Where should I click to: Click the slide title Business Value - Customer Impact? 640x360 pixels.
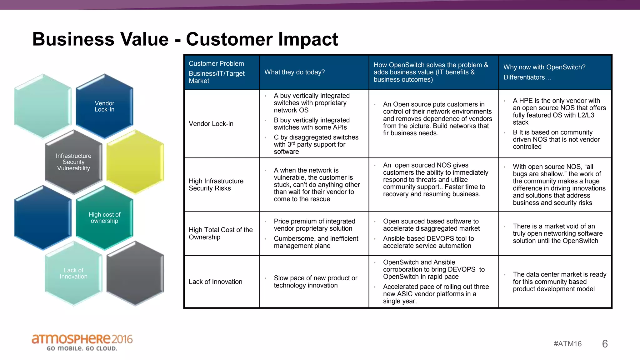[x=185, y=39]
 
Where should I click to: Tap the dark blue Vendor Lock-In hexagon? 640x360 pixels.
[x=104, y=106]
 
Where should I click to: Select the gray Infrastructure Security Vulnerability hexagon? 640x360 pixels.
[x=73, y=162]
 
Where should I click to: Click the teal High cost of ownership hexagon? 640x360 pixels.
[x=104, y=218]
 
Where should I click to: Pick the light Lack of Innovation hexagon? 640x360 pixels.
[x=73, y=273]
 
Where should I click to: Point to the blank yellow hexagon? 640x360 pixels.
[x=135, y=162]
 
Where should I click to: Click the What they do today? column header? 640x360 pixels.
[x=294, y=72]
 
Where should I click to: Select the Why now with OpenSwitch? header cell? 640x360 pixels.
[x=544, y=72]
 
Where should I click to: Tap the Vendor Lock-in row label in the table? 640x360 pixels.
[x=211, y=124]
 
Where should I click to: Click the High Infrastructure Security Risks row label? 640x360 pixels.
[x=216, y=185]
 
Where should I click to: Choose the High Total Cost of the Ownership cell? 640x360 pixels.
[x=220, y=233]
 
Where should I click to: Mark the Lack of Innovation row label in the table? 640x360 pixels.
[x=215, y=282]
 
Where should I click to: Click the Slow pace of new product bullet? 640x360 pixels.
[x=315, y=282]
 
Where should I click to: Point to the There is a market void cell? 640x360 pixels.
[x=557, y=233]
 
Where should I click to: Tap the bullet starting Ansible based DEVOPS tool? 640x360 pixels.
[x=428, y=242]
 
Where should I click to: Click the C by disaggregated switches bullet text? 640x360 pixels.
[x=316, y=144]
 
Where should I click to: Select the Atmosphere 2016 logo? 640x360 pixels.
[x=82, y=342]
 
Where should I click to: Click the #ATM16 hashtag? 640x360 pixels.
[x=567, y=344]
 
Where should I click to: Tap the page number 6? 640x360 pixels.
[x=605, y=344]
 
